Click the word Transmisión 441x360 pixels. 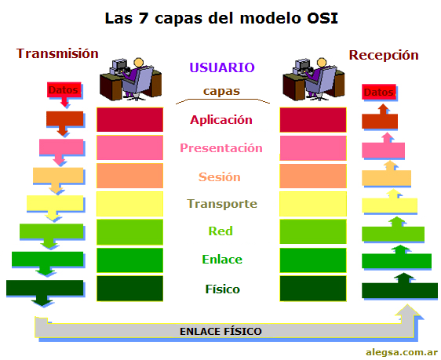57,53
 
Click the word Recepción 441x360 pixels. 383,55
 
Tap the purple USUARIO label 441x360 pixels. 222,68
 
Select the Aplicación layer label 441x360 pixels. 221,120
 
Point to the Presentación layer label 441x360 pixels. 221,147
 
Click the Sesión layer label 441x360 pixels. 220,176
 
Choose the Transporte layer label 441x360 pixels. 221,204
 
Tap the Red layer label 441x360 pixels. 220,231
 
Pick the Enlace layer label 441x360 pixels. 221,260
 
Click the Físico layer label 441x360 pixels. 220,289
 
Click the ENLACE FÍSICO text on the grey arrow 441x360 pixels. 220,331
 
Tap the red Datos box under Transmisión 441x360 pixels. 64,90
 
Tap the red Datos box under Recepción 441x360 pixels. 378,93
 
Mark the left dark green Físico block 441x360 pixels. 129,289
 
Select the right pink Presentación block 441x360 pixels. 313,147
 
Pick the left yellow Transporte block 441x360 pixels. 129,204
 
